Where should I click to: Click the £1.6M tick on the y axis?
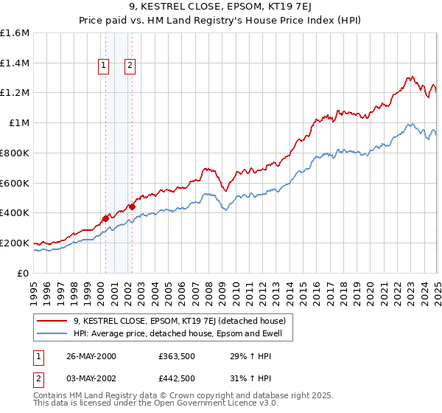[x=15, y=33]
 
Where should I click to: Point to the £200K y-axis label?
[x=15, y=243]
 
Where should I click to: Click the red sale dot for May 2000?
[x=105, y=218]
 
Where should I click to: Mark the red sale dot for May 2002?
[x=132, y=206]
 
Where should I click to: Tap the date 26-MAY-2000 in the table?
[x=91, y=356]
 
